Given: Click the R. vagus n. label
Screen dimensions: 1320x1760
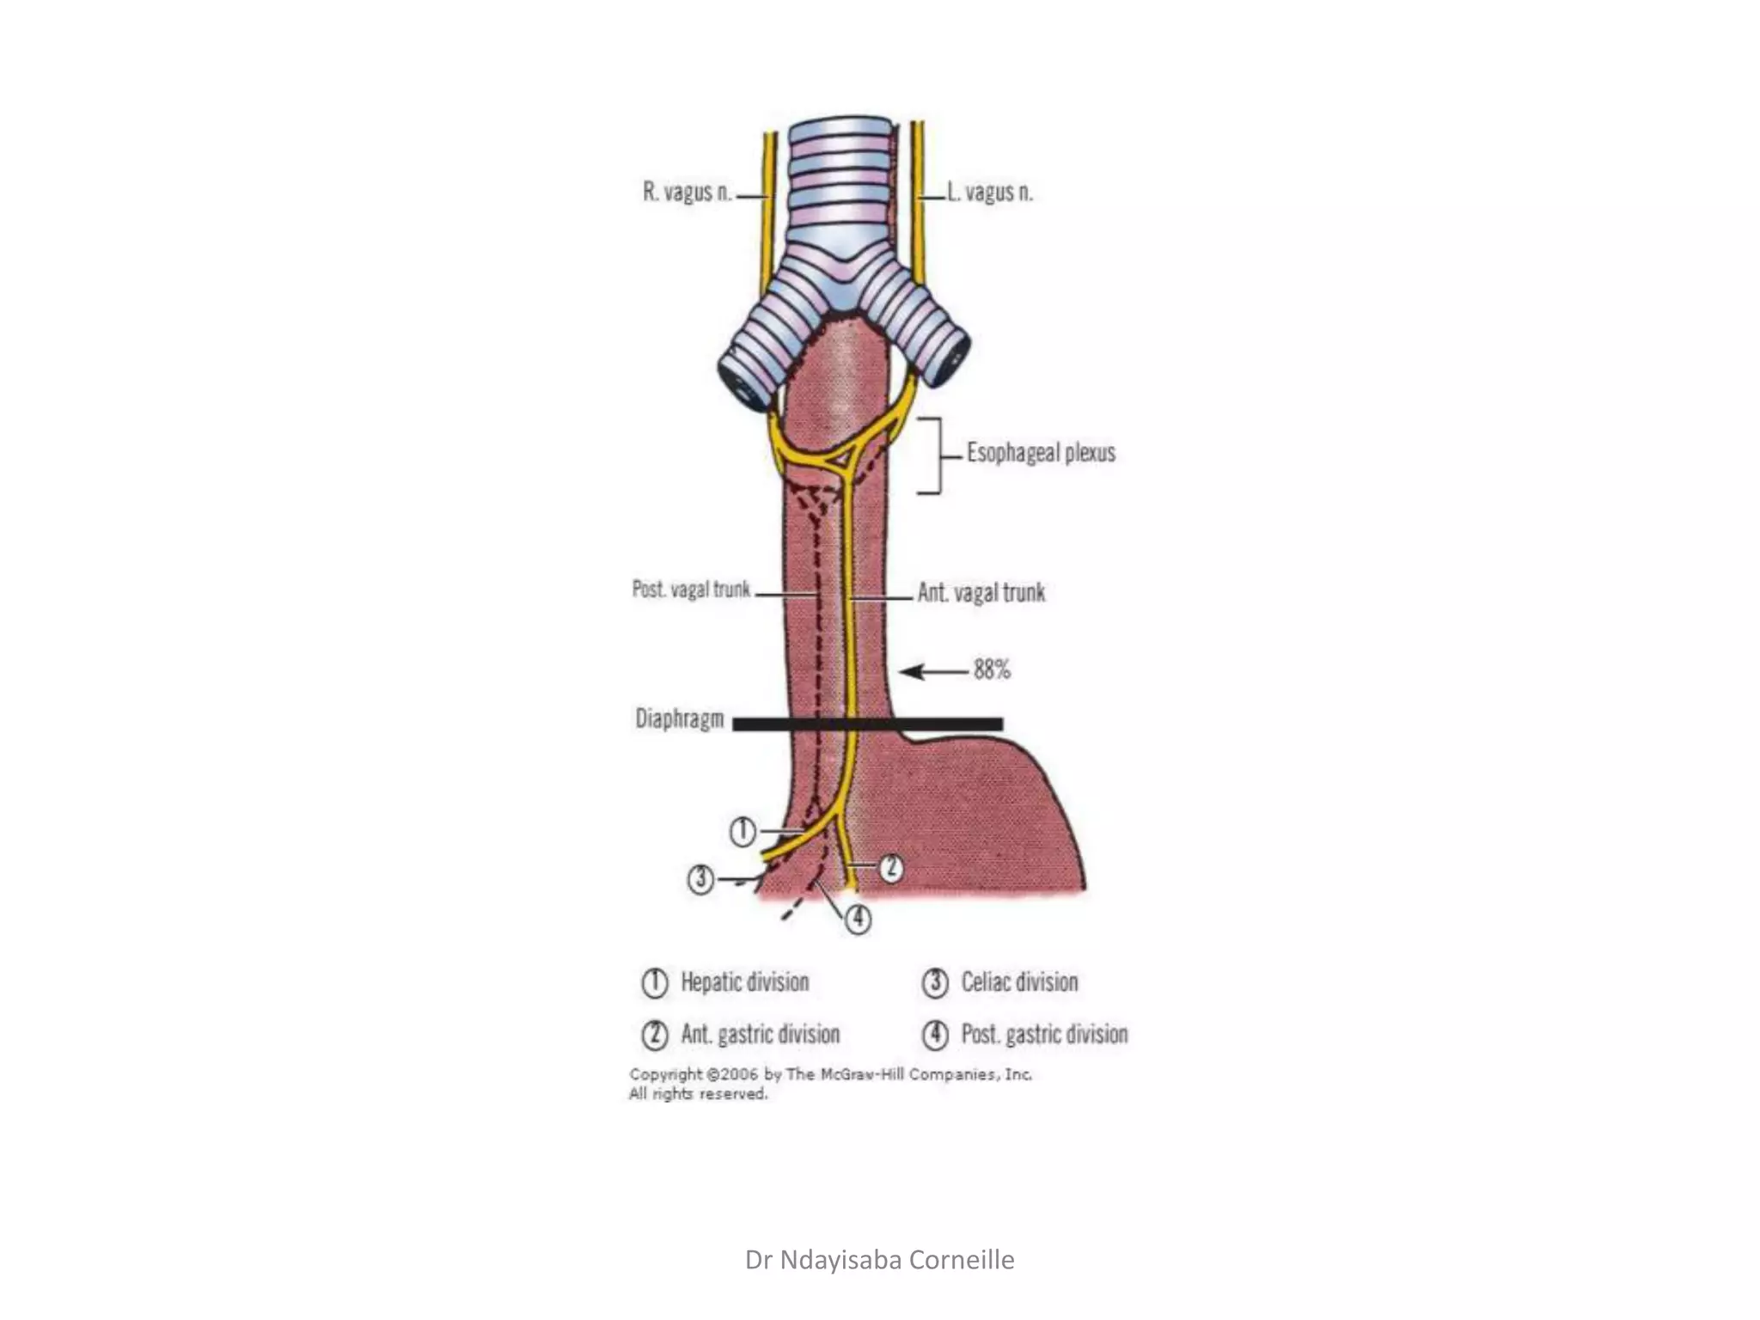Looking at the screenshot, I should (x=687, y=192).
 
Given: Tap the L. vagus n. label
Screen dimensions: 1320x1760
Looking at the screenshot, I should (x=990, y=192).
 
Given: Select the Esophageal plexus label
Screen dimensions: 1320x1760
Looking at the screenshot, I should (x=1041, y=453).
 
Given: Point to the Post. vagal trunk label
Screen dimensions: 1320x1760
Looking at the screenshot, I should (x=691, y=590).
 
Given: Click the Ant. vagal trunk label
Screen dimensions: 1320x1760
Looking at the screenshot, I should (x=981, y=592).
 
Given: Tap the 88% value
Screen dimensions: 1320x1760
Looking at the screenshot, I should (x=992, y=669).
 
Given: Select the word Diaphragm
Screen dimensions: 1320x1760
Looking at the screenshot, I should (x=679, y=718).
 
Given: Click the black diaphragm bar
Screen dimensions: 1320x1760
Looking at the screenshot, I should (x=867, y=724).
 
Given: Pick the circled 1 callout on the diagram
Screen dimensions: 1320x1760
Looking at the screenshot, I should (x=743, y=831).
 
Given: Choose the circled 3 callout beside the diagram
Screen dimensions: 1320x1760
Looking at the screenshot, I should (x=700, y=879).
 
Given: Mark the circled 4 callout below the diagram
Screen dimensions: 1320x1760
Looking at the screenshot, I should (x=858, y=920).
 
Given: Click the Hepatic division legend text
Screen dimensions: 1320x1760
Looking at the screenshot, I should (x=744, y=982).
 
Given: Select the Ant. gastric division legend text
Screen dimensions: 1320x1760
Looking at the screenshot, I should (x=761, y=1034).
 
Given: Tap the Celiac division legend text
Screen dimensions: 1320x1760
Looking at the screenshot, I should (x=1019, y=982).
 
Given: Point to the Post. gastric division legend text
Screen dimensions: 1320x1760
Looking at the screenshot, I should (x=1044, y=1034).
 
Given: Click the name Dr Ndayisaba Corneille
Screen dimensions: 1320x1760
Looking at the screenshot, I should (x=879, y=1260).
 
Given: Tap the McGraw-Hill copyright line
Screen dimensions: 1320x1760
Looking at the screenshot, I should (x=830, y=1074).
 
